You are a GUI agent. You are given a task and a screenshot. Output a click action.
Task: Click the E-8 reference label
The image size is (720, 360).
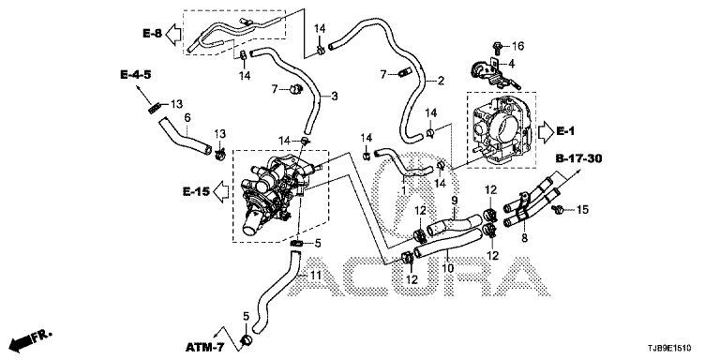point(153,33)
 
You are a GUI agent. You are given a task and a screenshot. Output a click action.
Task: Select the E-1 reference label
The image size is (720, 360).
point(565,131)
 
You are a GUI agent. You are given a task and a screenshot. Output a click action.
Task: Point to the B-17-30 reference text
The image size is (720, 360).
point(578,158)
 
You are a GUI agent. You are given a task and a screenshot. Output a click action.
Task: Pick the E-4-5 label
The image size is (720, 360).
point(136,74)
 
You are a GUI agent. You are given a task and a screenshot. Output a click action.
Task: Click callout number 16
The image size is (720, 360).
point(517,46)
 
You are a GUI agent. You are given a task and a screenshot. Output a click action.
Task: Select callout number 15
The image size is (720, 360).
point(582,210)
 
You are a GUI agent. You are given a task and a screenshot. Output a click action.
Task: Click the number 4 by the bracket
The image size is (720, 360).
point(510,63)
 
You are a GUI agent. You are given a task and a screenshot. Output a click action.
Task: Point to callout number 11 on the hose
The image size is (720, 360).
point(314,276)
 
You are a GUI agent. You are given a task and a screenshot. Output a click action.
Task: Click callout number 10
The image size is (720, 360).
point(448,267)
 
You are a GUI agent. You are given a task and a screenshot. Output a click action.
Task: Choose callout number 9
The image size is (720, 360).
point(455,201)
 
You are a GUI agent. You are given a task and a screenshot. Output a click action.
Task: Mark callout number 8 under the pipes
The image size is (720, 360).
point(524,237)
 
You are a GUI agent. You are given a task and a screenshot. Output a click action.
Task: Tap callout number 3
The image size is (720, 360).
point(335,97)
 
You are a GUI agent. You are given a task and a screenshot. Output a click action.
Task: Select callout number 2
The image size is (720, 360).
point(441,82)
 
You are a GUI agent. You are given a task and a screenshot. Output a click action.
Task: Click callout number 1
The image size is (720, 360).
point(404,188)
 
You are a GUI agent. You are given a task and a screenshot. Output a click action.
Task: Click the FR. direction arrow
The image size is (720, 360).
point(31,338)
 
